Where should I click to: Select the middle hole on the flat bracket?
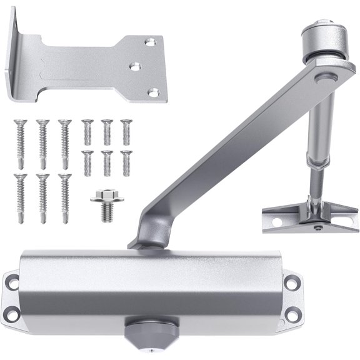click(134, 65)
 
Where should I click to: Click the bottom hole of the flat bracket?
click(149, 92)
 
